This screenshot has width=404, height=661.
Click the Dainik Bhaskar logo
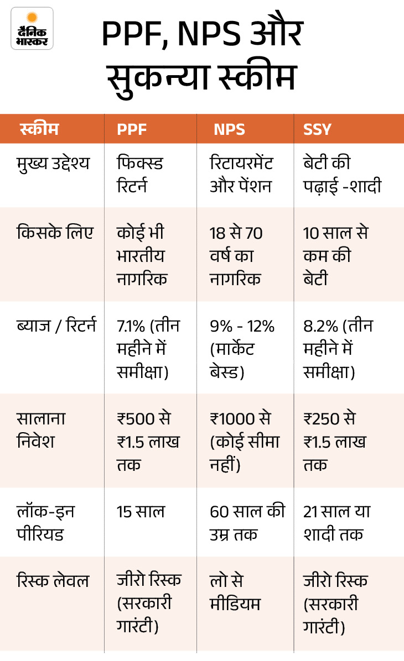click(32, 28)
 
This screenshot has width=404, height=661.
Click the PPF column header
click(132, 129)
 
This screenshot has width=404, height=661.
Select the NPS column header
click(229, 129)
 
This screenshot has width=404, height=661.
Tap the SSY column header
click(317, 129)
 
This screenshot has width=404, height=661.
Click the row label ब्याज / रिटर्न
click(56, 326)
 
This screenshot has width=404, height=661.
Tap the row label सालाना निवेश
click(42, 430)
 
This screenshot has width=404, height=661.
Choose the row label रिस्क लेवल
click(53, 581)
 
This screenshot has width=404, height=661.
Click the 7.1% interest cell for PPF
click(148, 349)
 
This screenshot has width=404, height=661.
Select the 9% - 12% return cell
click(242, 349)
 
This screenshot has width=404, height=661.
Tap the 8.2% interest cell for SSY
click(338, 349)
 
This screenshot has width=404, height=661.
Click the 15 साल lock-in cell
click(141, 512)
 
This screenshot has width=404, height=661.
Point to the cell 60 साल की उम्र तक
click(247, 523)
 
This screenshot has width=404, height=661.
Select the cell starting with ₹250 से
click(334, 442)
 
